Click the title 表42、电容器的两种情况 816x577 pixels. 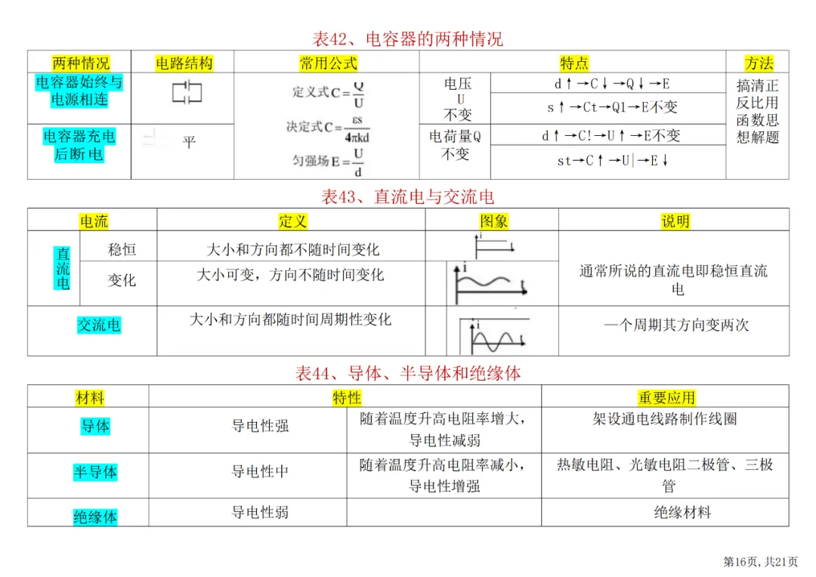coord(407,39)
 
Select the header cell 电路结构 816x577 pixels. coord(184,63)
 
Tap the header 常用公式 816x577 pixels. coord(328,63)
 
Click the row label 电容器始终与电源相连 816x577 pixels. coord(79,91)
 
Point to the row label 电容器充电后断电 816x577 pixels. coord(79,145)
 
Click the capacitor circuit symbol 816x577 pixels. coord(187,93)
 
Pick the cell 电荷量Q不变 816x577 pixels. coord(455,145)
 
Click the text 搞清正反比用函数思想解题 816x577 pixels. coord(757,111)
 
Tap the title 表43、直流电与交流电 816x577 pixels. coord(407,198)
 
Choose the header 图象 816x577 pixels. coord(493,221)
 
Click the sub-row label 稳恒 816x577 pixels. coord(122,249)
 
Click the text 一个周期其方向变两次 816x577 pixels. coord(676,326)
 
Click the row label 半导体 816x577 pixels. coord(95,473)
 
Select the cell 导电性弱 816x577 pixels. coord(260,513)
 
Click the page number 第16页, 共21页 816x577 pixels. coord(760,561)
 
